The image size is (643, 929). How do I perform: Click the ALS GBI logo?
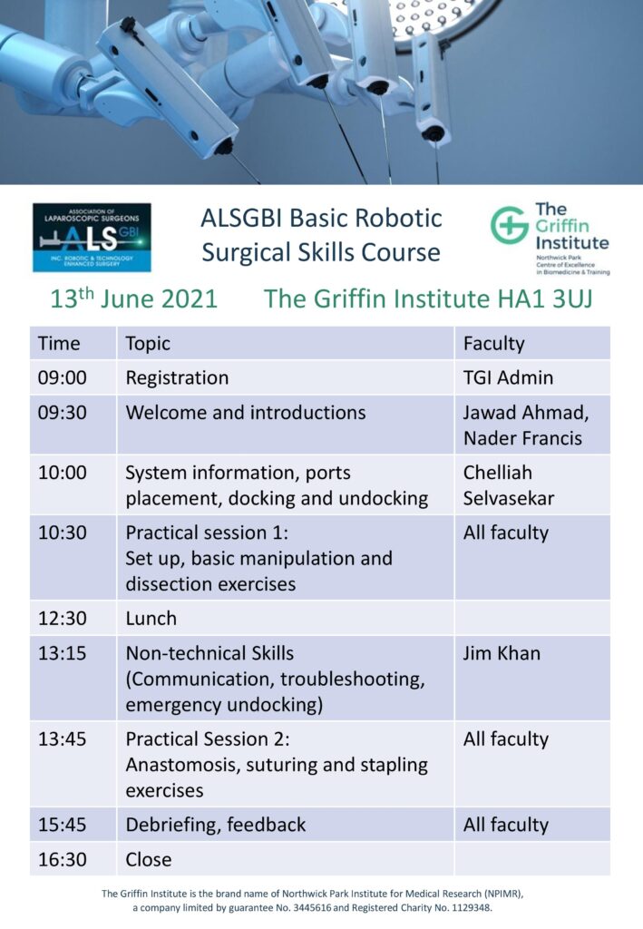[x=92, y=238]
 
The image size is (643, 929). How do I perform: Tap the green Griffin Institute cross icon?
[x=509, y=225]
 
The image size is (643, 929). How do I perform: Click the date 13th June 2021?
[x=134, y=298]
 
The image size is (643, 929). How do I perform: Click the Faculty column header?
[x=493, y=344]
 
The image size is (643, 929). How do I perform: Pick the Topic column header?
[x=148, y=344]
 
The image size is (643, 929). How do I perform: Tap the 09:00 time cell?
[x=63, y=378]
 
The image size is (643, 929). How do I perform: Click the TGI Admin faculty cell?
[x=508, y=378]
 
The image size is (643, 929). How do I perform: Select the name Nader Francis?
[x=522, y=438]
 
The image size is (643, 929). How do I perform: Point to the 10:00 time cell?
[x=63, y=473]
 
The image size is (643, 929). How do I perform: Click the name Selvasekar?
[x=509, y=498]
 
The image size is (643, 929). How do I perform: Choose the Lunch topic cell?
[x=151, y=619]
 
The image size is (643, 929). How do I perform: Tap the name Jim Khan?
[x=502, y=653]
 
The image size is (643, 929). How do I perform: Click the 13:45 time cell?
[x=63, y=739]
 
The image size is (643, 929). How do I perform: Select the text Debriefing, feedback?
[x=216, y=825]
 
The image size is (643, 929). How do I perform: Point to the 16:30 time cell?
[x=63, y=860]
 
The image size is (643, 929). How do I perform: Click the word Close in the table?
[x=149, y=860]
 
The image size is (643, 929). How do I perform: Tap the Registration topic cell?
[x=177, y=378]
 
